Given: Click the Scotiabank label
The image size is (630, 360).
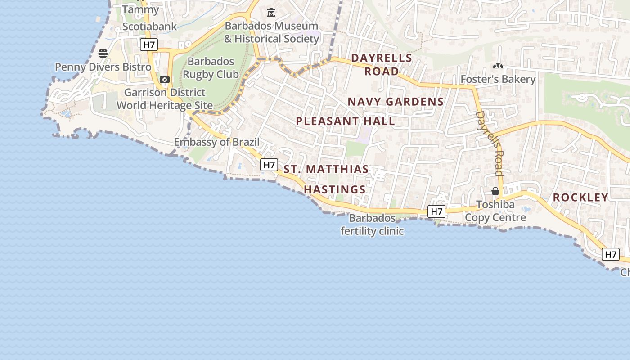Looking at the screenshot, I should [x=150, y=27].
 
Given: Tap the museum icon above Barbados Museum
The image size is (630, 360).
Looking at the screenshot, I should [x=271, y=12].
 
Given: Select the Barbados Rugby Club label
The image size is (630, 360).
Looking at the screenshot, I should [x=211, y=67].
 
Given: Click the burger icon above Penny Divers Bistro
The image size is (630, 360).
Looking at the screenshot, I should [x=103, y=54].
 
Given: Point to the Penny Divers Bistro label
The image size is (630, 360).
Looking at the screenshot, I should [x=103, y=67].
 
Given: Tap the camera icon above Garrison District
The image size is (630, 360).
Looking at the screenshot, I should [x=165, y=80].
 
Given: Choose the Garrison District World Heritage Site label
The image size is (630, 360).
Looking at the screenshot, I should [x=165, y=99].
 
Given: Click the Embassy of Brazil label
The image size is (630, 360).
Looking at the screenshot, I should [x=217, y=142].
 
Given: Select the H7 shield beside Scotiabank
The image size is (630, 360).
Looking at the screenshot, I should [x=148, y=45].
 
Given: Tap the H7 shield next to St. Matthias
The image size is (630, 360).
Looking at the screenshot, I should [x=269, y=165].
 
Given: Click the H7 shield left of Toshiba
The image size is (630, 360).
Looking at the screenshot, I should [x=436, y=211].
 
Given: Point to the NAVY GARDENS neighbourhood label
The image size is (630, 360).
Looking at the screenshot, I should [x=396, y=102].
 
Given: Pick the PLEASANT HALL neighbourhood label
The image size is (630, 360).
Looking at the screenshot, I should [x=346, y=121].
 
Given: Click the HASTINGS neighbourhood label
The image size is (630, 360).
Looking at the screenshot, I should [x=335, y=189].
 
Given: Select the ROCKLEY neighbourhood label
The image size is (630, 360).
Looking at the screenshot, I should [x=580, y=197].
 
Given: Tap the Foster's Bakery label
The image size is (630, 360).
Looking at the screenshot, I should [x=498, y=80].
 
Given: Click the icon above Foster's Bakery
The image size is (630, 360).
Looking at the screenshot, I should [x=498, y=66].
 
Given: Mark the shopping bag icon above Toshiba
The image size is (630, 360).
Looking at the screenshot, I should [x=495, y=191].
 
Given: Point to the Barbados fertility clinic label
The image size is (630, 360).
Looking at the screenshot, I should [x=372, y=225].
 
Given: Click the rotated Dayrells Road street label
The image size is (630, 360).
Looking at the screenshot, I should [x=489, y=143].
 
